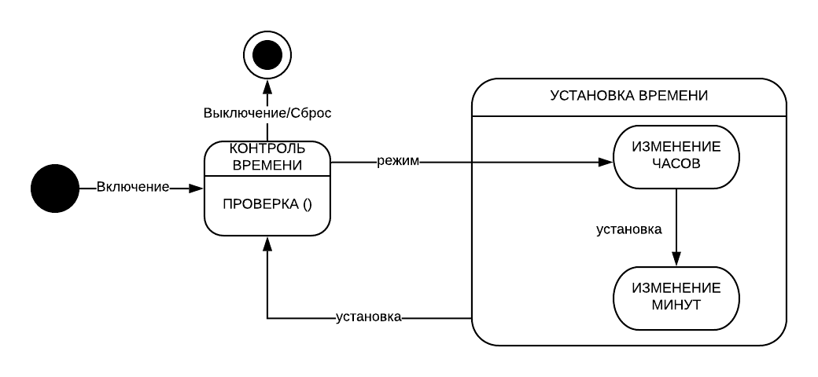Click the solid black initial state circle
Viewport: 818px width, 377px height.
pyautogui.click(x=55, y=188)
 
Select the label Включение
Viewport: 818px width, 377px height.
pyautogui.click(x=133, y=188)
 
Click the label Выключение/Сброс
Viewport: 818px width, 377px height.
pyautogui.click(x=267, y=112)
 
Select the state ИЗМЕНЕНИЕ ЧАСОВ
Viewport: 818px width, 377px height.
pyautogui.click(x=676, y=158)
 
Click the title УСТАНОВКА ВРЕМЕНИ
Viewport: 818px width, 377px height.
pyautogui.click(x=628, y=96)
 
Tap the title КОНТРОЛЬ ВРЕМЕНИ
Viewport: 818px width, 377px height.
pyautogui.click(x=267, y=156)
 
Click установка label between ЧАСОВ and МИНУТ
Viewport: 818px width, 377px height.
pyautogui.click(x=629, y=230)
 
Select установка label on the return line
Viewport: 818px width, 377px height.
pyautogui.click(x=369, y=317)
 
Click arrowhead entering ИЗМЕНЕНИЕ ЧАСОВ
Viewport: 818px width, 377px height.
pyautogui.click(x=606, y=162)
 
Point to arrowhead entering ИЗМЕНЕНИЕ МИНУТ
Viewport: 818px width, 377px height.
pyautogui.click(x=676, y=259)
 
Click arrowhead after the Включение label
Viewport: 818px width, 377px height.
pyautogui.click(x=197, y=188)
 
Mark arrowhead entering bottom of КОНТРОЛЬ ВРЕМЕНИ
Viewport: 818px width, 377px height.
pyautogui.click(x=267, y=243)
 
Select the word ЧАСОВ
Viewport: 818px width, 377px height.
pyautogui.click(x=676, y=166)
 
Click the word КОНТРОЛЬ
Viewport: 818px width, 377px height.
pyautogui.click(x=267, y=148)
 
